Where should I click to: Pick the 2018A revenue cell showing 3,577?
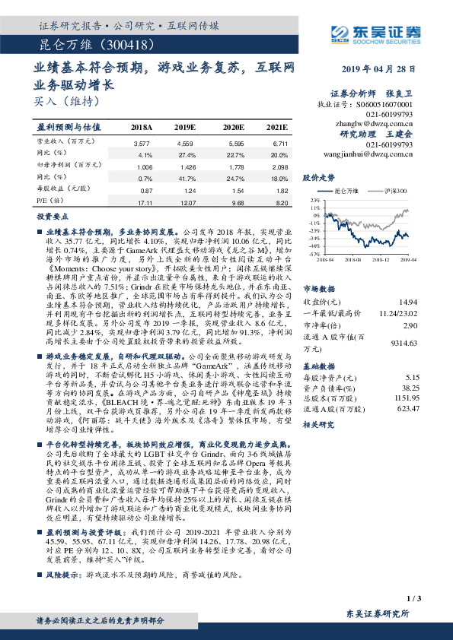[142, 143]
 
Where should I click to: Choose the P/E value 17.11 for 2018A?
[142, 203]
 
